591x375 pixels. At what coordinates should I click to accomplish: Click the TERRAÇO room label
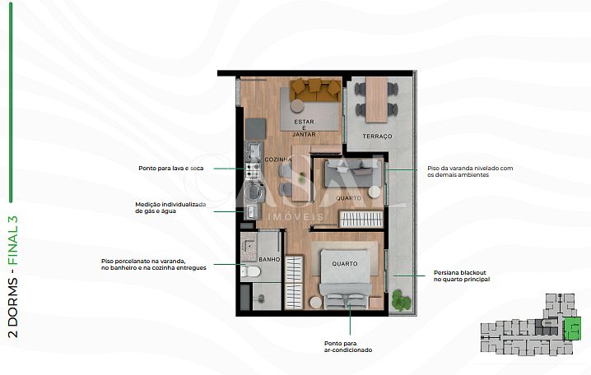(x=377, y=137)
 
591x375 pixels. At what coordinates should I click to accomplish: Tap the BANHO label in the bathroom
(x=269, y=259)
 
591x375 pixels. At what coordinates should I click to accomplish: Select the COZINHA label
(x=278, y=160)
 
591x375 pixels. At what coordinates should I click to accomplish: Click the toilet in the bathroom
(x=251, y=271)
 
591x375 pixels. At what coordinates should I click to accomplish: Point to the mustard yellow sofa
(x=315, y=90)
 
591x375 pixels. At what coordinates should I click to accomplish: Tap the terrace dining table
(x=376, y=100)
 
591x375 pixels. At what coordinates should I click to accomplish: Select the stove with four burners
(x=252, y=171)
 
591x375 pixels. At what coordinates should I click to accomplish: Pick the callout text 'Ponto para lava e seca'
(x=170, y=169)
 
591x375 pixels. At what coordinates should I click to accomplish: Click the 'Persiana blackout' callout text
(x=461, y=276)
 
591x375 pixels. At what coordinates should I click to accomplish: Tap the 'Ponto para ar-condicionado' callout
(x=348, y=347)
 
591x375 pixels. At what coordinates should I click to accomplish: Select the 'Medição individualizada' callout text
(x=170, y=208)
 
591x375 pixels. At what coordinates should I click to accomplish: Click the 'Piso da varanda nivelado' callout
(x=470, y=172)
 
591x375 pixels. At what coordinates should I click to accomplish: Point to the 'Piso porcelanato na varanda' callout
(x=154, y=264)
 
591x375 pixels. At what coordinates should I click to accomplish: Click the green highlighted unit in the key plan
(x=572, y=328)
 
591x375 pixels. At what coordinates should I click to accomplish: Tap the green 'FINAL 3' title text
(x=13, y=240)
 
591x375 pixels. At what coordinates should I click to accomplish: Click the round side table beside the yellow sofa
(x=297, y=106)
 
